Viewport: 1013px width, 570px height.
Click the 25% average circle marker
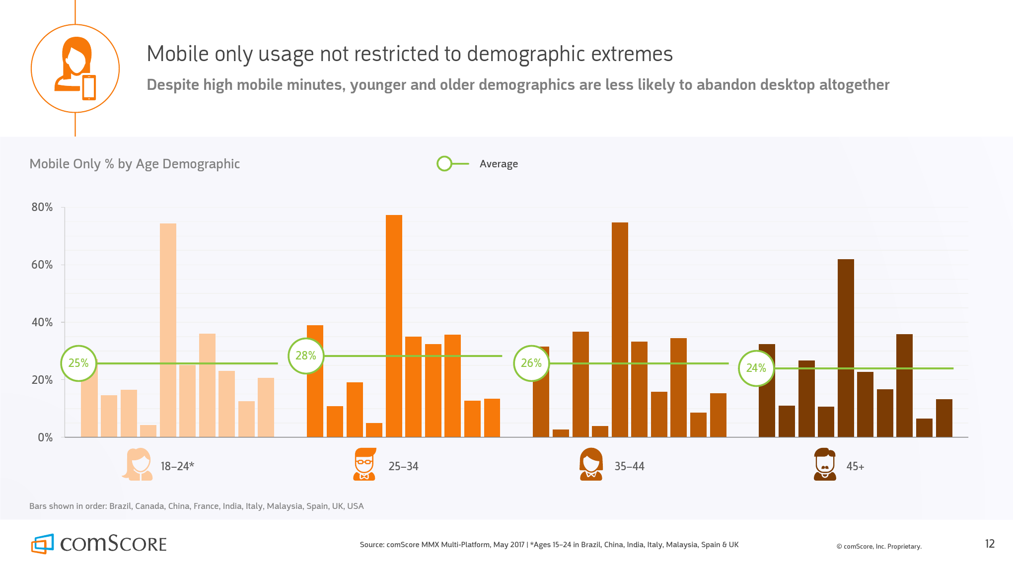click(x=78, y=363)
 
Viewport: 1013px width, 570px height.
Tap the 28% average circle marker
click(x=306, y=356)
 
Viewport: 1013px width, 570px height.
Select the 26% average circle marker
click(x=531, y=363)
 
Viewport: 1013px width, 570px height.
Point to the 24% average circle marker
click(x=756, y=368)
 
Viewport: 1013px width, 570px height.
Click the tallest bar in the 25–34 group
click(x=394, y=326)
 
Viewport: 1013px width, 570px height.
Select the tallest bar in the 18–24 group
click(x=168, y=330)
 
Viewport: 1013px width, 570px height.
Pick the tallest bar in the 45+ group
click(x=846, y=348)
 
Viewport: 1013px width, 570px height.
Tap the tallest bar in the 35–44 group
click(x=620, y=330)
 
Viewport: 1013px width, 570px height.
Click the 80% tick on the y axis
click(x=42, y=208)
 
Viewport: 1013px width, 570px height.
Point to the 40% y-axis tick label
click(x=42, y=323)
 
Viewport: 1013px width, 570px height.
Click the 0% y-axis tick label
click(x=45, y=438)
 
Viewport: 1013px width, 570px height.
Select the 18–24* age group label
click(x=177, y=467)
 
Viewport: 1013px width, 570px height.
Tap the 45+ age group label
click(x=855, y=467)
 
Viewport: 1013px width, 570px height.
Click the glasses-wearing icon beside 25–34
click(x=364, y=464)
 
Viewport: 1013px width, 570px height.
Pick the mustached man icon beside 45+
click(x=825, y=464)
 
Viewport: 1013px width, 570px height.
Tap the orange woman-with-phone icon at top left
click(x=75, y=69)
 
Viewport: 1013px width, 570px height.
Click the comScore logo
click(x=99, y=544)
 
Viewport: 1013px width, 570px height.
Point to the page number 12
click(x=990, y=544)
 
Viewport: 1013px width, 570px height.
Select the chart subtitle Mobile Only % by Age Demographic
click(x=135, y=164)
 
